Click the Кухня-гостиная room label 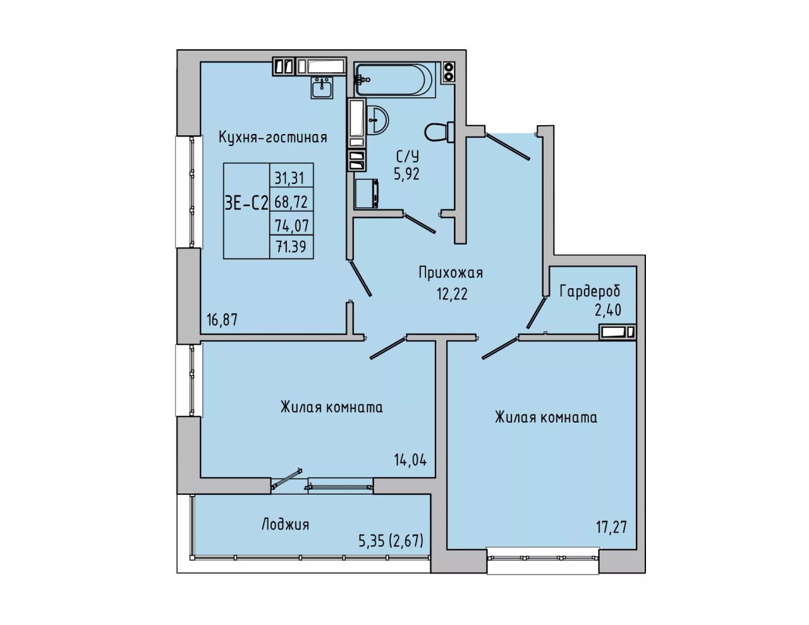(272, 138)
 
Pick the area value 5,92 (407, 174)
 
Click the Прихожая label (451, 273)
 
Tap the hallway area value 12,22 (453, 294)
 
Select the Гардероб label (590, 291)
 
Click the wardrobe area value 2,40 (608, 310)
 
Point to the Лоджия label (285, 525)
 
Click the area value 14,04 (410, 461)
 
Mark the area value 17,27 (612, 527)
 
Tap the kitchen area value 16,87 (222, 320)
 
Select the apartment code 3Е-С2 (246, 203)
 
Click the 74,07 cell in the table (292, 226)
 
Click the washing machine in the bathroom (367, 193)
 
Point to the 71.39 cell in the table (291, 246)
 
